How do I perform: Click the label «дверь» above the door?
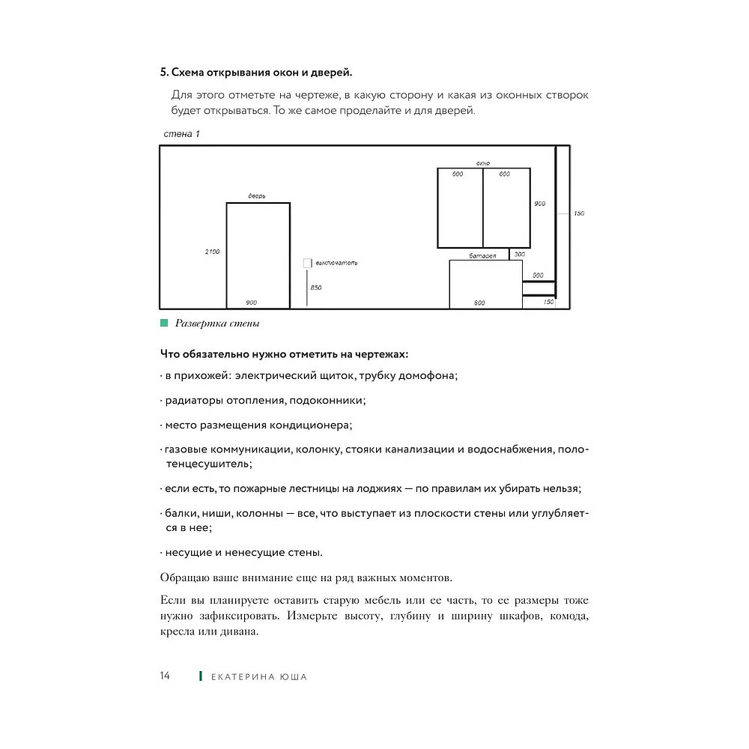click(257, 196)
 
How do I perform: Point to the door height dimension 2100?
click(212, 252)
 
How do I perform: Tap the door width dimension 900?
click(252, 303)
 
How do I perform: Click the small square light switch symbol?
click(307, 263)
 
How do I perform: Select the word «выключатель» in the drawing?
click(336, 263)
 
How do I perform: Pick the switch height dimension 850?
click(316, 288)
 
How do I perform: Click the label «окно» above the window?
click(482, 163)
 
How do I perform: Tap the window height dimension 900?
click(540, 204)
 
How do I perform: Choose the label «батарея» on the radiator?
click(483, 256)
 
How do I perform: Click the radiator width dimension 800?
click(479, 303)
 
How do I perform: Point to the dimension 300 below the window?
click(520, 255)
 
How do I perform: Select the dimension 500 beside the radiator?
click(538, 276)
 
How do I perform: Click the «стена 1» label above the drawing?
click(181, 134)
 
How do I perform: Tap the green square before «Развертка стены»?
click(164, 324)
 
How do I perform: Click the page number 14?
click(165, 676)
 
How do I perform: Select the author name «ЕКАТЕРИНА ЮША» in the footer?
click(259, 677)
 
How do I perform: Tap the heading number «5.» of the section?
click(164, 73)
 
